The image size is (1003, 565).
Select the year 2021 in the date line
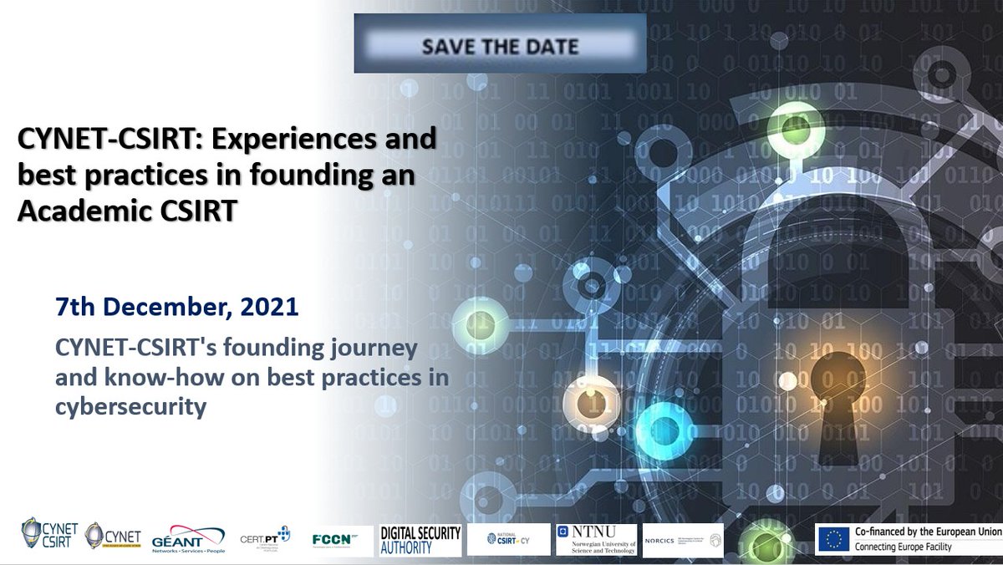[268, 307]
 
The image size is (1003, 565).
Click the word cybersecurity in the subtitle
[130, 410]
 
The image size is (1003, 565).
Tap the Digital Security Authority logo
[420, 540]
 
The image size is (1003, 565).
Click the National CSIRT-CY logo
[508, 539]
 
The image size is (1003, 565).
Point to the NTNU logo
[596, 540]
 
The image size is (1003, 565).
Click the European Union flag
[833, 539]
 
